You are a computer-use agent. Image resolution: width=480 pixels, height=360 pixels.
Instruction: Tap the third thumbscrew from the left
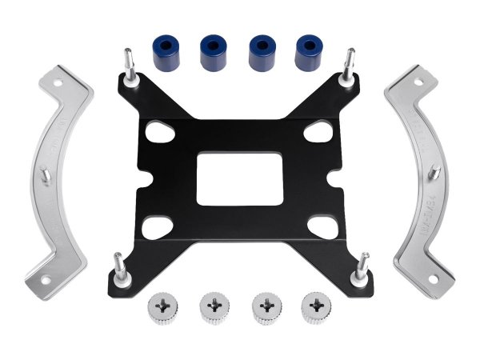point(264,309)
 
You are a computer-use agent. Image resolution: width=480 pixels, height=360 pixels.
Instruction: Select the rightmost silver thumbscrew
point(315,309)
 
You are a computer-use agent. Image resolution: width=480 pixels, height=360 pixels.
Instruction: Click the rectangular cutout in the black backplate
point(238,176)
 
